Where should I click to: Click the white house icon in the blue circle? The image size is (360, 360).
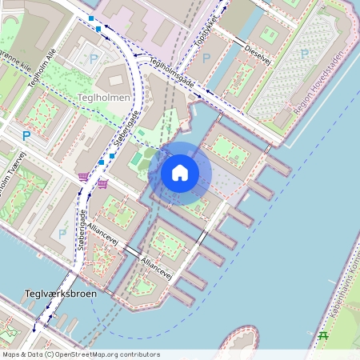179,172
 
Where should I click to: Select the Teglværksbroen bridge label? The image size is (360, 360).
61,294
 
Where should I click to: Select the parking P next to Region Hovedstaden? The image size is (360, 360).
304,53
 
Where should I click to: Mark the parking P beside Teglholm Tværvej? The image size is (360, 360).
26,136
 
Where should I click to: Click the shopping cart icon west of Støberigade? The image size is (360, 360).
83,176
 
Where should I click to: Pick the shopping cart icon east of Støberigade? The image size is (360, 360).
103,183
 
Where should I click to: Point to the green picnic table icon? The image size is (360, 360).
324,335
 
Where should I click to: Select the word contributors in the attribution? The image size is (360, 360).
137,354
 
